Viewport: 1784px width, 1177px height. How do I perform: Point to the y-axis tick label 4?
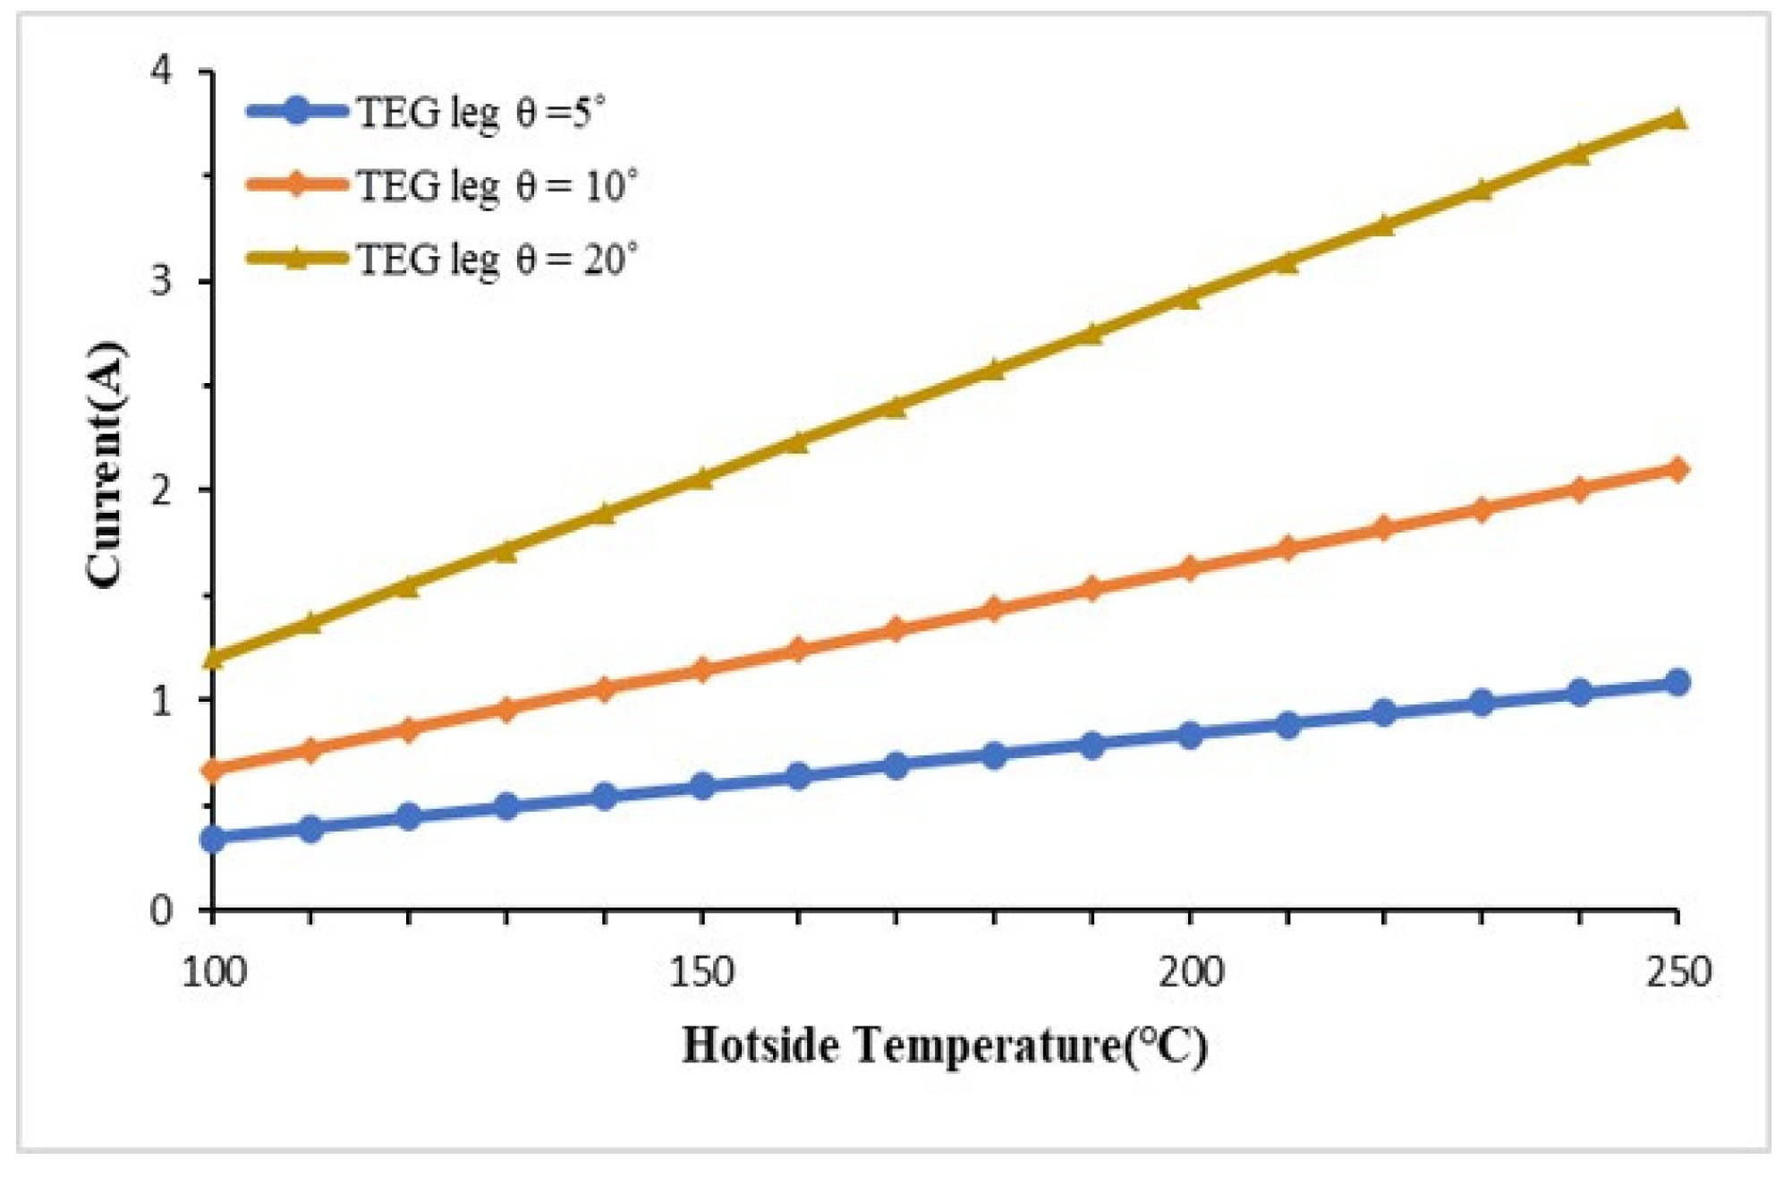tap(162, 71)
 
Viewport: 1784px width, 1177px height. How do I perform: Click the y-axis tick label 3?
tap(162, 280)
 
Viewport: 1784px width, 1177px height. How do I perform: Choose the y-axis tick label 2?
tap(162, 490)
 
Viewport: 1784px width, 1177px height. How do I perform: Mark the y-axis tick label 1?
tap(162, 700)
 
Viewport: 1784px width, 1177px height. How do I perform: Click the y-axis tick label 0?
tap(162, 910)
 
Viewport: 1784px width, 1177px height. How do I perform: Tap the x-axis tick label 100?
tap(213, 972)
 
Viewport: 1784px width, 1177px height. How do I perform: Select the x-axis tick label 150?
tap(702, 972)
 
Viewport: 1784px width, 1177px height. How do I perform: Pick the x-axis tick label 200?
tap(1190, 972)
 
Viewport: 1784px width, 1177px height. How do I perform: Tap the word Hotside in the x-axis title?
tap(761, 1045)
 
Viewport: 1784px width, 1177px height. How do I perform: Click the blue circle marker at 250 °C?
tap(1678, 683)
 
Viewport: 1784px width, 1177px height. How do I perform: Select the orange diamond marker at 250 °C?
tap(1678, 469)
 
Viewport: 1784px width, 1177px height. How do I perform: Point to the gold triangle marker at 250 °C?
tap(1678, 119)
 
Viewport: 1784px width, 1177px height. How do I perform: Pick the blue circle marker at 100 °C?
tap(213, 839)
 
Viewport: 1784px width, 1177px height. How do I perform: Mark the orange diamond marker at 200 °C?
tap(1190, 568)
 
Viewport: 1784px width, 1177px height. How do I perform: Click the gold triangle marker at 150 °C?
tap(702, 478)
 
